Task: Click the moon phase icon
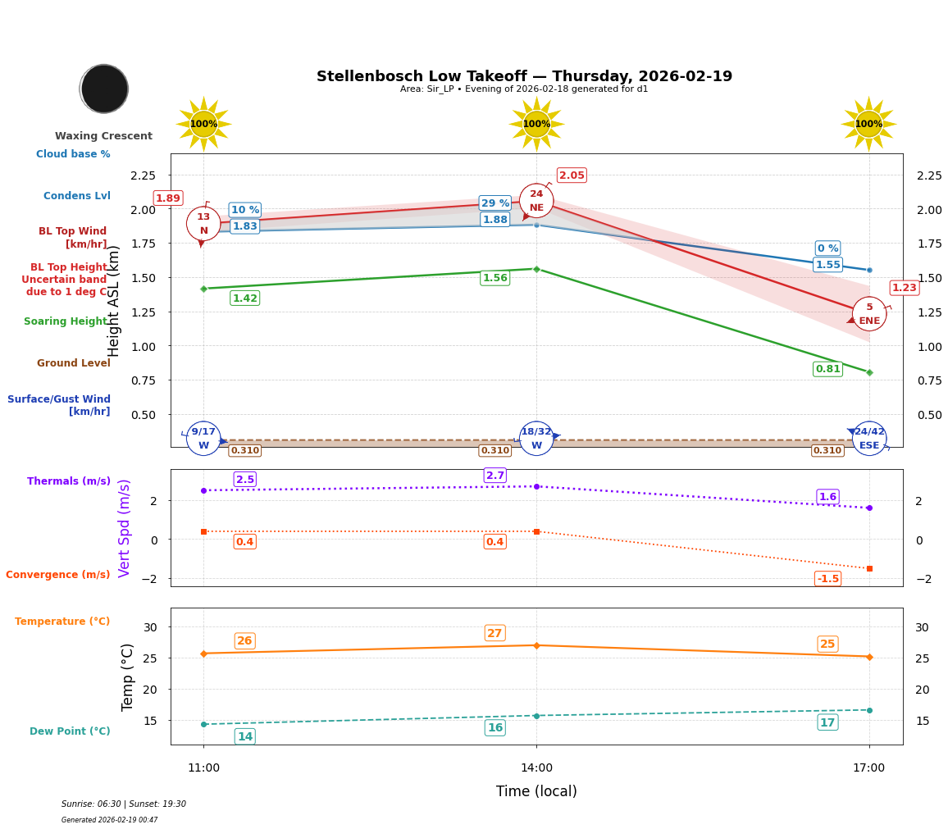104,89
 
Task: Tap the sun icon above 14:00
536,124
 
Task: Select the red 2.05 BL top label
572,175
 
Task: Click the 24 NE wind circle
536,201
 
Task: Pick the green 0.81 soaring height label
827,369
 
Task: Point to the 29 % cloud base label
495,203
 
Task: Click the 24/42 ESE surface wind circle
869,439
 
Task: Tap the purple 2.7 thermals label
495,476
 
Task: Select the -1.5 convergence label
827,579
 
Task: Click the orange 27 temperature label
495,633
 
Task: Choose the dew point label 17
827,722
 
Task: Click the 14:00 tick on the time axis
536,768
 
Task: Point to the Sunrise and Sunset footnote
124,804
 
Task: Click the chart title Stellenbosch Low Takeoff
524,76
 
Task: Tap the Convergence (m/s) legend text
57,575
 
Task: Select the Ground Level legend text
73,363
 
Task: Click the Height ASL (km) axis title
114,301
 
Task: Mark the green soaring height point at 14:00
536,269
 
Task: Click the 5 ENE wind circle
869,314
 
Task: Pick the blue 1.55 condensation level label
827,265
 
